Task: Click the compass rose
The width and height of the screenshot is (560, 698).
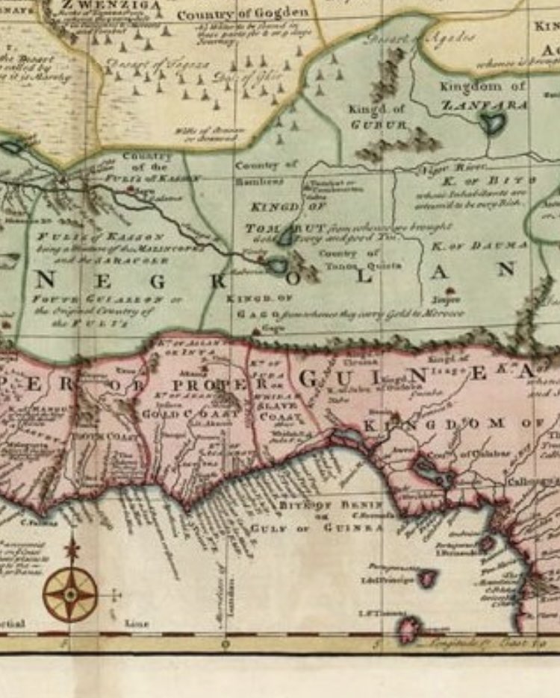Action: [x=70, y=594]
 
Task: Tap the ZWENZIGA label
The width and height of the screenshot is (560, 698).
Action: [x=116, y=4]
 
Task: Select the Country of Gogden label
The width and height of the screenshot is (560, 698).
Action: [x=242, y=13]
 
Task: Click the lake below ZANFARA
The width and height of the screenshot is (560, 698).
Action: [x=491, y=122]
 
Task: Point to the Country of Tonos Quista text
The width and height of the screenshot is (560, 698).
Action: [x=349, y=259]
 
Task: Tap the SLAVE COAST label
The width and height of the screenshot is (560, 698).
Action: [x=276, y=411]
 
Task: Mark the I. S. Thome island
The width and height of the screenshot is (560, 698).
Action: [x=409, y=628]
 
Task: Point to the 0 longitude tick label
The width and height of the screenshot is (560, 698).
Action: [x=225, y=644]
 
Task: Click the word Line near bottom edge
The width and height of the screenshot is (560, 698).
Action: [x=137, y=623]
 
